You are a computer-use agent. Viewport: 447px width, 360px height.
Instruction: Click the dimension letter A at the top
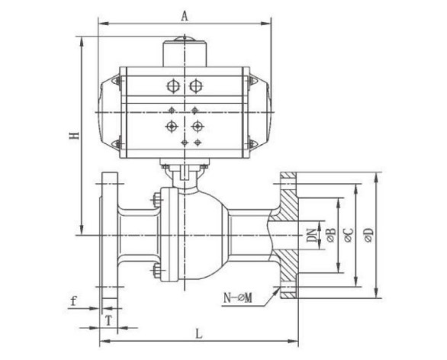tap(185, 16)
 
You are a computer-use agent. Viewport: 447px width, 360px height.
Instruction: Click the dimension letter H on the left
tap(75, 136)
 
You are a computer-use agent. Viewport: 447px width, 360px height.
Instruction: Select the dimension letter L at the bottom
tap(198, 333)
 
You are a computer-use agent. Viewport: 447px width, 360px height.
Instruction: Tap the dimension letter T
tap(108, 321)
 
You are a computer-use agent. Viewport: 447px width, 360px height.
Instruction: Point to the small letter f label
tap(74, 301)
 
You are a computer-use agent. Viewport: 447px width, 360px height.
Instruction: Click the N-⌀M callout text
tap(238, 298)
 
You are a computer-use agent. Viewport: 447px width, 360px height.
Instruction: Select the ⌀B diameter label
tap(331, 235)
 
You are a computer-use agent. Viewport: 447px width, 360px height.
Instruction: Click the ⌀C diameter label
tap(349, 235)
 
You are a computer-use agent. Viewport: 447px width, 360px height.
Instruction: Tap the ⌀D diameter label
tap(369, 235)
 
